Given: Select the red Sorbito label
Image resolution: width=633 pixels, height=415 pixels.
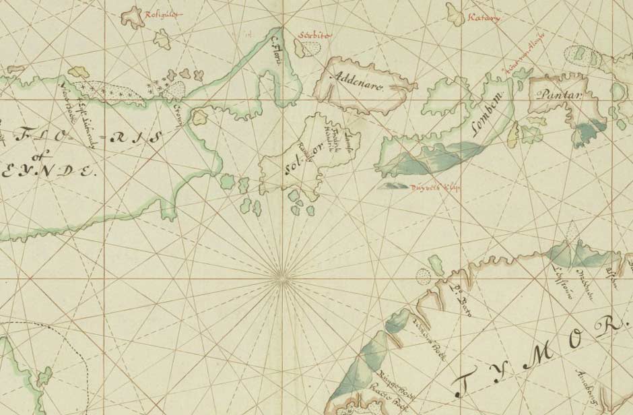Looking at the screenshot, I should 315,35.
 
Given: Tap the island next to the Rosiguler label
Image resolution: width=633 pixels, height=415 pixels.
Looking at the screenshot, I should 137,16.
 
